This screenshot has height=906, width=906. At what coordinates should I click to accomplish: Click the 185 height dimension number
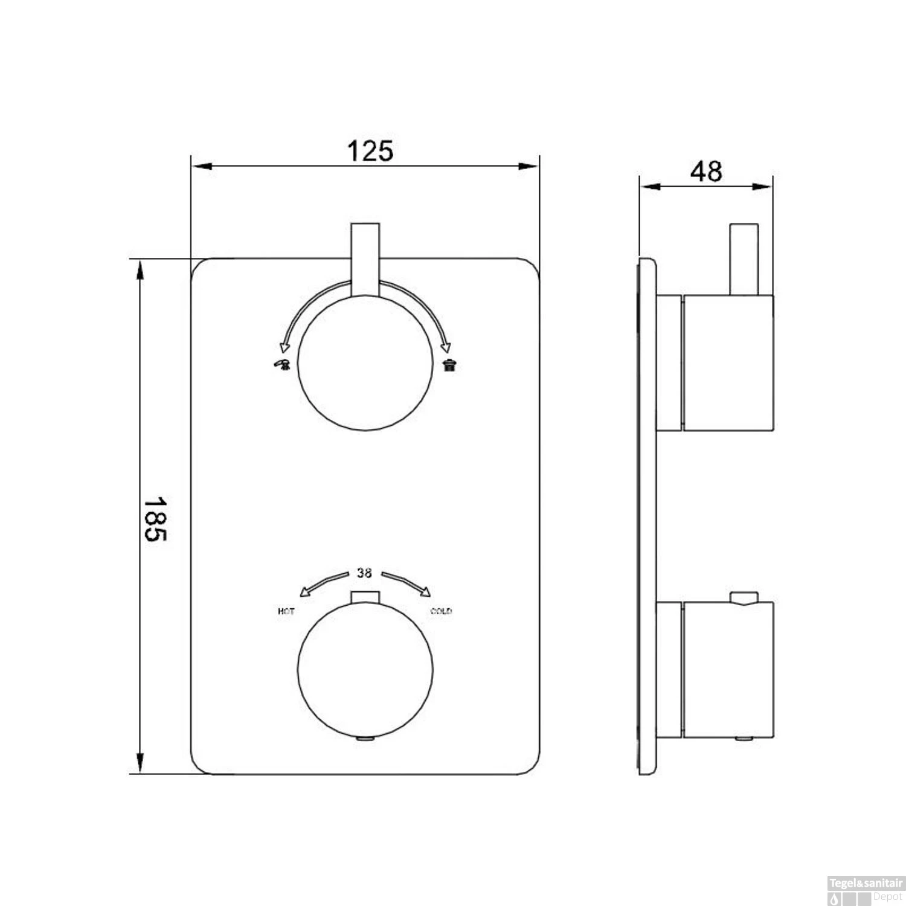(155, 518)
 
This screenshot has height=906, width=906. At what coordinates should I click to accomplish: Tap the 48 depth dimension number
(706, 172)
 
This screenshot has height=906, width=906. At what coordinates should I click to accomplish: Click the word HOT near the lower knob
(286, 612)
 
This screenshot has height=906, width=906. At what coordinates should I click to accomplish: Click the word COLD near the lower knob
(441, 611)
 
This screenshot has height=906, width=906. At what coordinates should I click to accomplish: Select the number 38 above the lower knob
(364, 574)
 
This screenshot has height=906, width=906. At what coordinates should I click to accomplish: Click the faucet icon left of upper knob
(282, 364)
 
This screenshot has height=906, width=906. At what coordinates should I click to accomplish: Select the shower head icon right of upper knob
(449, 364)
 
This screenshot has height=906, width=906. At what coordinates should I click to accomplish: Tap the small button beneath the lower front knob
(366, 738)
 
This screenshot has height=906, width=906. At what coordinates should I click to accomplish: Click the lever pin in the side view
(744, 260)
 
